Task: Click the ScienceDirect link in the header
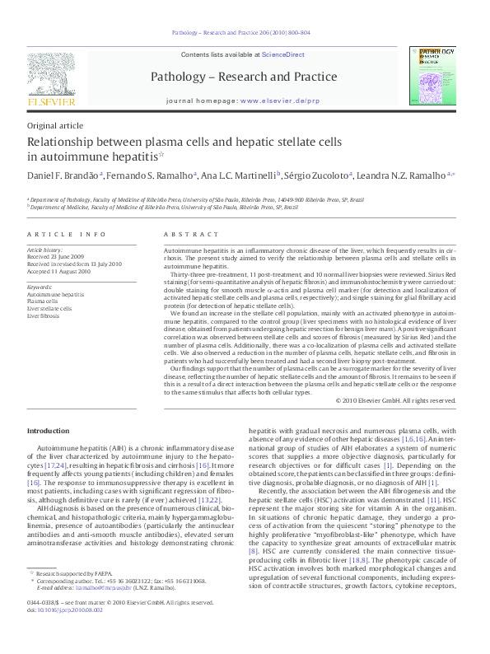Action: point(282,54)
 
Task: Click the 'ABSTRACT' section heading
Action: point(184,235)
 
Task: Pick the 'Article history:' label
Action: point(46,249)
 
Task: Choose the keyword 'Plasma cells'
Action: point(43,301)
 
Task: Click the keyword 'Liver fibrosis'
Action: point(44,315)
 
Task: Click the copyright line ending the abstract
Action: point(395,400)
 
